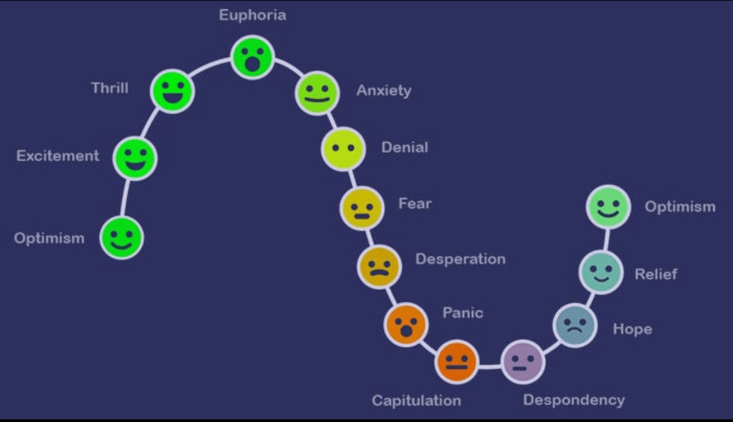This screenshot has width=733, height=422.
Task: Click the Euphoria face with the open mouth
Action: pos(252,57)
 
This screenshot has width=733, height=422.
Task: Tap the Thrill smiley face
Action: pos(172,90)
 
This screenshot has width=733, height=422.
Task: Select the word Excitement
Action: pos(58,155)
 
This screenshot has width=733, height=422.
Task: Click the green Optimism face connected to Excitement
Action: pos(122,237)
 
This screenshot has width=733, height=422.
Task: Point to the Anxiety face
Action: pos(317,92)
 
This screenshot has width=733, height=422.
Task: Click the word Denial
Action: pos(405,147)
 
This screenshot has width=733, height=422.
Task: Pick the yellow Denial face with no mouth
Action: pos(343,149)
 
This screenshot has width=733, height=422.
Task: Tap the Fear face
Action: pos(362,208)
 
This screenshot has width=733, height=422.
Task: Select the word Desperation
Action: pos(460,259)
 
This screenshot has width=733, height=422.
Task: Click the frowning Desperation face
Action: pos(379,266)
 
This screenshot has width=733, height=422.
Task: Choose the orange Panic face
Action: pos(406,324)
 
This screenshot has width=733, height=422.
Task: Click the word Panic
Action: pos(463,313)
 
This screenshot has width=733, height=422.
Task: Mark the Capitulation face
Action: pos(457,362)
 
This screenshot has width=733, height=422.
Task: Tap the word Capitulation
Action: pos(416,400)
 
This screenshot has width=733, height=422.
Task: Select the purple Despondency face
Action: pos(523,362)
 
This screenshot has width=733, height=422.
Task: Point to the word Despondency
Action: pos(574,400)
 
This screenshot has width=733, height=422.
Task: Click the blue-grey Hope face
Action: pos(575,325)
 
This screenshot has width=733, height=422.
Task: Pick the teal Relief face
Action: pos(601,272)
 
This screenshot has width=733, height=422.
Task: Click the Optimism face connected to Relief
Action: pos(608,206)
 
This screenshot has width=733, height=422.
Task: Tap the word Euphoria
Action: pos(252,15)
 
